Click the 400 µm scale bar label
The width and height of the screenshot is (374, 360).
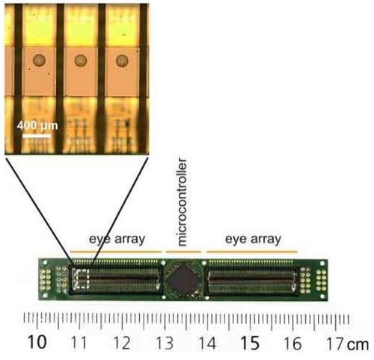pos(37,126)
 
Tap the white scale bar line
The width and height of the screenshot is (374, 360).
pos(37,136)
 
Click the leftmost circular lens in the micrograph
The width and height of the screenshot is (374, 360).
pos(39,61)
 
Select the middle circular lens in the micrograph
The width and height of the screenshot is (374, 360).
pos(81,61)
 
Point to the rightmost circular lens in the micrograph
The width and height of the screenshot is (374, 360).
pos(122,61)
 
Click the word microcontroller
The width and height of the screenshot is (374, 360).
pos(182,202)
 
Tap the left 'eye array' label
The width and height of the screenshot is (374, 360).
pos(117,240)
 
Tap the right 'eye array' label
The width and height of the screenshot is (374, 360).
pos(253,240)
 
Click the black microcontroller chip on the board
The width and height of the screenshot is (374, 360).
pos(184,278)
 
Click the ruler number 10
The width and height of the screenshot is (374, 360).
pos(37,342)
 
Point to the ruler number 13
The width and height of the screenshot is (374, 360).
pos(165,343)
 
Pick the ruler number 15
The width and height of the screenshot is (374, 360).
pos(250,343)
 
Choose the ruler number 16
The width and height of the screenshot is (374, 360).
pos(292,344)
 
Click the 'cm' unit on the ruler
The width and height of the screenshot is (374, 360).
pos(358,344)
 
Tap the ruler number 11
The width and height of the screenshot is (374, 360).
pos(79,343)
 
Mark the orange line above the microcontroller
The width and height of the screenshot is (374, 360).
pos(183,251)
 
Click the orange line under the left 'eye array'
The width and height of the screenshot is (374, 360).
pos(116,251)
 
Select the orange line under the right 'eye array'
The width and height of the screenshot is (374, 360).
pos(252,251)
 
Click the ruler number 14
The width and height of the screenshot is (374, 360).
pos(207,344)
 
